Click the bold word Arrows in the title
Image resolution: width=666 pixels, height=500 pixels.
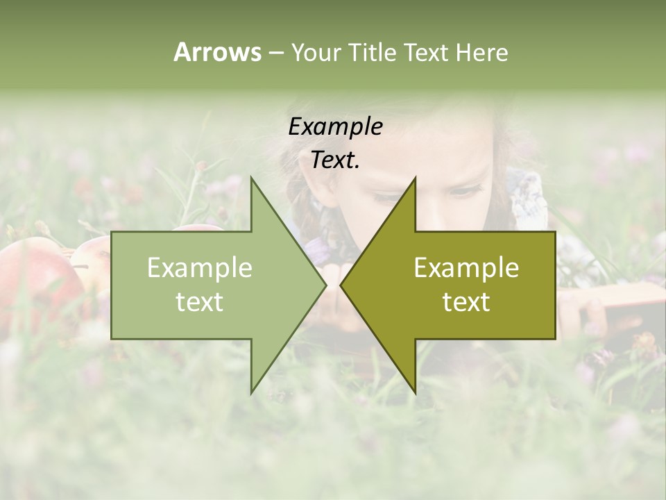point(217,52)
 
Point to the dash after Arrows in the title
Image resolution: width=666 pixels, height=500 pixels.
point(275,53)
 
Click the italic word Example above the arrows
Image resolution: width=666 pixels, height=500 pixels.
point(335,126)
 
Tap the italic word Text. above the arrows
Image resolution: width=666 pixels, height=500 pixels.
point(335,160)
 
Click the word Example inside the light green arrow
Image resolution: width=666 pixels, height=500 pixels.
point(200,268)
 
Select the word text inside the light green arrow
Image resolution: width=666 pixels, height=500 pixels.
point(200,302)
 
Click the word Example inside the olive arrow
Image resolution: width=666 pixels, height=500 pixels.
point(466,268)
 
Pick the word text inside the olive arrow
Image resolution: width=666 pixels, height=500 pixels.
point(466,302)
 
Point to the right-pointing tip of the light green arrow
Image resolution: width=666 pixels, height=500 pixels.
point(325,285)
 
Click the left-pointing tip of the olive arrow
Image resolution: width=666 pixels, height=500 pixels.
point(341,285)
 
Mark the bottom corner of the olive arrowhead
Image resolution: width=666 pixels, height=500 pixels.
point(415,393)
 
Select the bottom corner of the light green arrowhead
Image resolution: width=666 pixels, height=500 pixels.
point(251,393)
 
